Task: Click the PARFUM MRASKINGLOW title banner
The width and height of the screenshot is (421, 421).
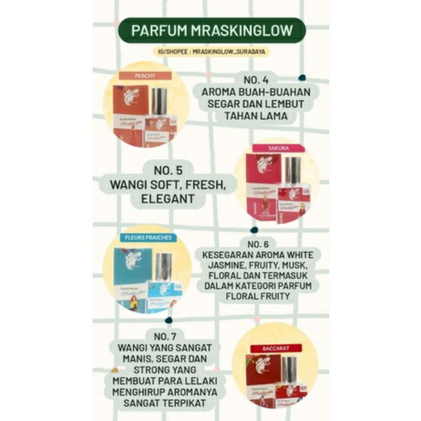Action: (211, 30)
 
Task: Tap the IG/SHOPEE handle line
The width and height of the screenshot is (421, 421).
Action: (210, 52)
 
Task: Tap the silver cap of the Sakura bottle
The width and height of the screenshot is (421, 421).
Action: (293, 170)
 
